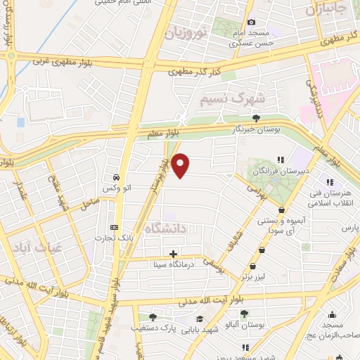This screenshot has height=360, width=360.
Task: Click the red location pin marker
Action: click(181, 165)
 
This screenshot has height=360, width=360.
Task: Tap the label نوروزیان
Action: click(186, 31)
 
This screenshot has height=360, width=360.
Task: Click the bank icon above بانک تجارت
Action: click(114, 228)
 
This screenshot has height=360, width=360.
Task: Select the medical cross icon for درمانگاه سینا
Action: click(174, 253)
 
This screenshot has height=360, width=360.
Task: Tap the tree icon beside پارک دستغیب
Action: click(153, 317)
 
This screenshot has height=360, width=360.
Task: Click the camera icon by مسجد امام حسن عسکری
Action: click(252, 22)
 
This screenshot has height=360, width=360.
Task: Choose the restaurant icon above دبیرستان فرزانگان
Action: click(281, 160)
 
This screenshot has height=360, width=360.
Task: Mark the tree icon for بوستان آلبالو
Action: click(244, 314)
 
